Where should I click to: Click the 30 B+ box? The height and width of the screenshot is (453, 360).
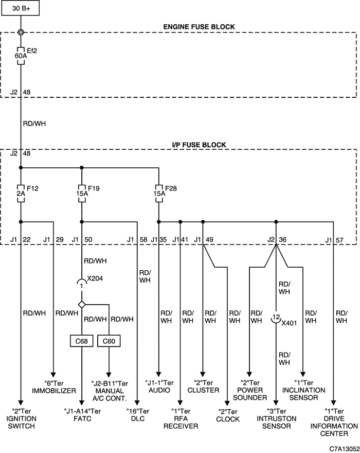[x=21, y=8]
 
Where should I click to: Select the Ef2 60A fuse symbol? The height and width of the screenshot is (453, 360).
[x=21, y=56]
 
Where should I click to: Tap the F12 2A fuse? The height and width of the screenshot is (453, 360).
[x=21, y=193]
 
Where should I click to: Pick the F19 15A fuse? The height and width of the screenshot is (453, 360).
[x=82, y=193]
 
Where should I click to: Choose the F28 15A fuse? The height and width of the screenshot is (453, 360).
[x=159, y=193]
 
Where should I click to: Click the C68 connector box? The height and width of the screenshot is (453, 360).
[x=81, y=341]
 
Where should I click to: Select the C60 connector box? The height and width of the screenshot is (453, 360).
[x=109, y=341]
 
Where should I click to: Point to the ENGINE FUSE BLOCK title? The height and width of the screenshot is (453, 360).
[x=199, y=27]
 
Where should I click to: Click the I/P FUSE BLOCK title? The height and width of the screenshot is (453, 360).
[x=199, y=145]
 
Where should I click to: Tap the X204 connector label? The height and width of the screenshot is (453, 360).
[x=95, y=278]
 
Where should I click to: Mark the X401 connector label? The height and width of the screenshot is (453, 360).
[x=289, y=323]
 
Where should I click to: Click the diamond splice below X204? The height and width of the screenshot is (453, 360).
[x=82, y=304]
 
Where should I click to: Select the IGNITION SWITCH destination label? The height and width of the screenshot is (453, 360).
[x=21, y=419]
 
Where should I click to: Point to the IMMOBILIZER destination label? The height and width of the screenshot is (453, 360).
[x=53, y=387]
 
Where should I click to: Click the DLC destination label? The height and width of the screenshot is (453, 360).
[x=138, y=415]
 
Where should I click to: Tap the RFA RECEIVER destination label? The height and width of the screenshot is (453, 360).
[x=181, y=419]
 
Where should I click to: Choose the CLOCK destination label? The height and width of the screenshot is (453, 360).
[x=228, y=415]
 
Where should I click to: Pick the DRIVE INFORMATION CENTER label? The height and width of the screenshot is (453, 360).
[x=334, y=423]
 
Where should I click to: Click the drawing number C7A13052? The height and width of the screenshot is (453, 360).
[x=344, y=448]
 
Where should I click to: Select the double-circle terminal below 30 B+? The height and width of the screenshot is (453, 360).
[x=21, y=32]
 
